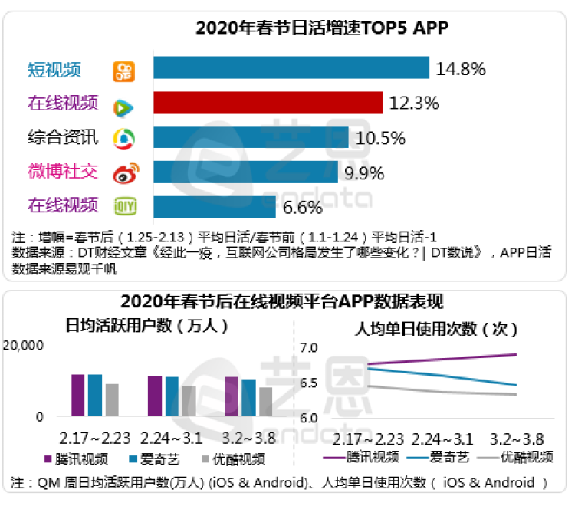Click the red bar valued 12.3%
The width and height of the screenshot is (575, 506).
268,103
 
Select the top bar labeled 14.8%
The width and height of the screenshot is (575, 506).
291,68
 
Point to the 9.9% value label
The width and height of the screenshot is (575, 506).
363,172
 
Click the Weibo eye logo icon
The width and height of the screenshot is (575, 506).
125,172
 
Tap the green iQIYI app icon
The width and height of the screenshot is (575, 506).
125,206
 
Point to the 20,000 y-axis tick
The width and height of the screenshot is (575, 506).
25,347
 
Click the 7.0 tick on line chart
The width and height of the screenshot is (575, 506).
307,349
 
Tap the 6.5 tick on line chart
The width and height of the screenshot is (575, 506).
307,383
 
